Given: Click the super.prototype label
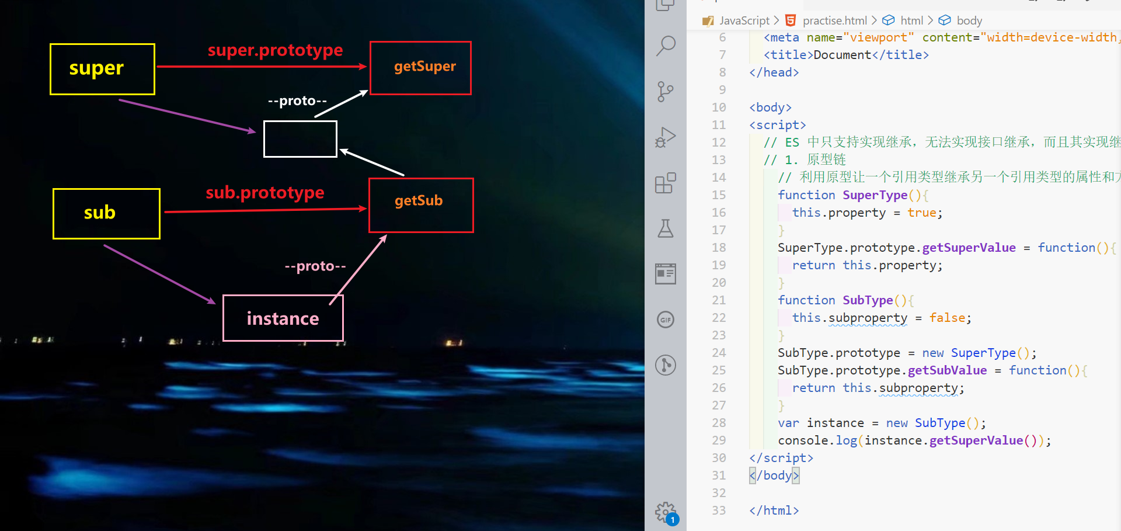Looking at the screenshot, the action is click(275, 50).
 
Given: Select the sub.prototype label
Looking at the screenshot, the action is click(265, 192).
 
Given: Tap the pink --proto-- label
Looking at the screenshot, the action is click(315, 266).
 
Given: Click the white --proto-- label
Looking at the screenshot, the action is click(297, 101).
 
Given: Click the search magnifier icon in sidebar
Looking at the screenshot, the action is click(666, 46).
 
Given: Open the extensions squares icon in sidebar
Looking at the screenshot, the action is click(666, 183).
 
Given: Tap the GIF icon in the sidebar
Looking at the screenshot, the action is click(666, 320).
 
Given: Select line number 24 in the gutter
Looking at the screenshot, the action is click(719, 353).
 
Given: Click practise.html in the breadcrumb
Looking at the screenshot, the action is click(834, 20).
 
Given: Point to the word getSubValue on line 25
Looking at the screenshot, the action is click(947, 370).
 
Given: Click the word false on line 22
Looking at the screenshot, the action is click(947, 318).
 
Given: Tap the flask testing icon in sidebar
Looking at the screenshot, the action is click(666, 228).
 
